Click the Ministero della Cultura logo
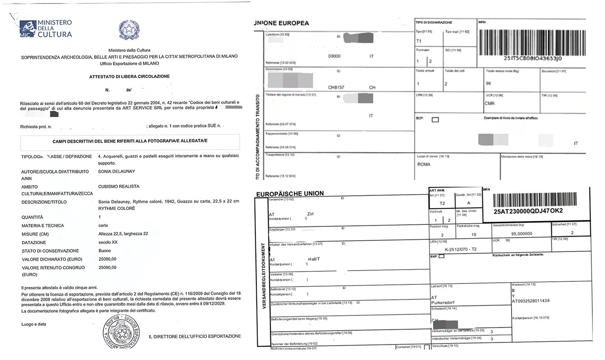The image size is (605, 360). [x=46, y=29]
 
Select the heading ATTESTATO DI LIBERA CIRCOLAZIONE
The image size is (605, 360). [x=129, y=76]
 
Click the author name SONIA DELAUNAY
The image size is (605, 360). [x=117, y=172]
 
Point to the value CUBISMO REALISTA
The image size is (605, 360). [x=118, y=187]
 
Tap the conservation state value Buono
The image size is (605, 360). [x=105, y=251]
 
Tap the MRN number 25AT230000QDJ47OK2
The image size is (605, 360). [x=528, y=211]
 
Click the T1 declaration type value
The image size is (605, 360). [x=418, y=41]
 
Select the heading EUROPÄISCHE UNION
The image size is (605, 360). [x=290, y=194]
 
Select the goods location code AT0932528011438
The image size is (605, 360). [x=531, y=301]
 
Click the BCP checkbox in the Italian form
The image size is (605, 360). [x=435, y=120]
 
